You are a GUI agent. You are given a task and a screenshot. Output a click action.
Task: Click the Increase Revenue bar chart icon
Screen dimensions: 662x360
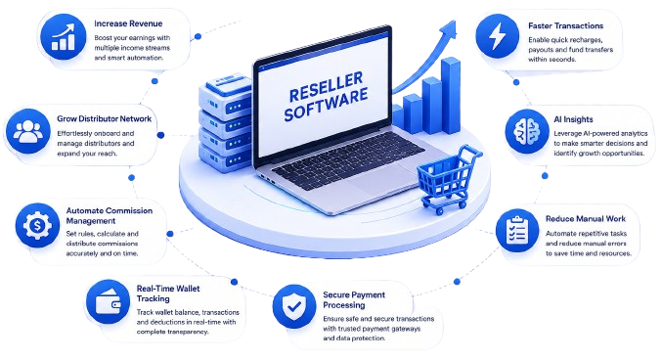click(x=63, y=37)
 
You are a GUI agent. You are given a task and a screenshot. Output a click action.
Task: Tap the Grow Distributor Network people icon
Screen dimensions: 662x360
click(x=28, y=131)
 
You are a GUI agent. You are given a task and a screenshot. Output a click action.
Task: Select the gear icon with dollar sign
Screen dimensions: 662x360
click(x=37, y=226)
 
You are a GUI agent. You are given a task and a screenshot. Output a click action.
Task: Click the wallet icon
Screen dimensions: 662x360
click(x=109, y=301)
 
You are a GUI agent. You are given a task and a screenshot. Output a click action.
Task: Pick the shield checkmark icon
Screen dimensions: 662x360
click(x=294, y=306)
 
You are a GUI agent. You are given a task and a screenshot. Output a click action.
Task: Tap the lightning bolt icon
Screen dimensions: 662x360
click(x=498, y=36)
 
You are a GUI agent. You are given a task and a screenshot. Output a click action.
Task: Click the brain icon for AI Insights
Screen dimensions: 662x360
click(x=527, y=131)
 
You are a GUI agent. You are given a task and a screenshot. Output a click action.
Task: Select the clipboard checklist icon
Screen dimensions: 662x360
click(x=517, y=231)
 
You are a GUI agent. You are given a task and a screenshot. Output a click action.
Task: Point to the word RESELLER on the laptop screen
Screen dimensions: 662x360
click(x=326, y=86)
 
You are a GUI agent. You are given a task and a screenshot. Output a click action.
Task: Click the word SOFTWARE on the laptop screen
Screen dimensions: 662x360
click(x=326, y=105)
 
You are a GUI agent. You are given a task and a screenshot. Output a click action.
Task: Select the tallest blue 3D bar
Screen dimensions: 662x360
click(x=451, y=96)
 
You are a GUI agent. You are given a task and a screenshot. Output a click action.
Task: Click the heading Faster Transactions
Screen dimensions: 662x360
click(x=566, y=25)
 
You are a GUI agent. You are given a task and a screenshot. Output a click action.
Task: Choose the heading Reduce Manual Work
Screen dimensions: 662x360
click(x=586, y=219)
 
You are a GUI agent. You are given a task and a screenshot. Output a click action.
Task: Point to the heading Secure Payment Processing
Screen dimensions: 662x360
click(x=354, y=300)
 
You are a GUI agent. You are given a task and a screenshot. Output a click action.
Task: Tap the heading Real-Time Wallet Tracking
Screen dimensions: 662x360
click(x=168, y=293)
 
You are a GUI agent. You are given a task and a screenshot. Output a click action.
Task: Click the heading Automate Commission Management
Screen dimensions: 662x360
click(x=110, y=215)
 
